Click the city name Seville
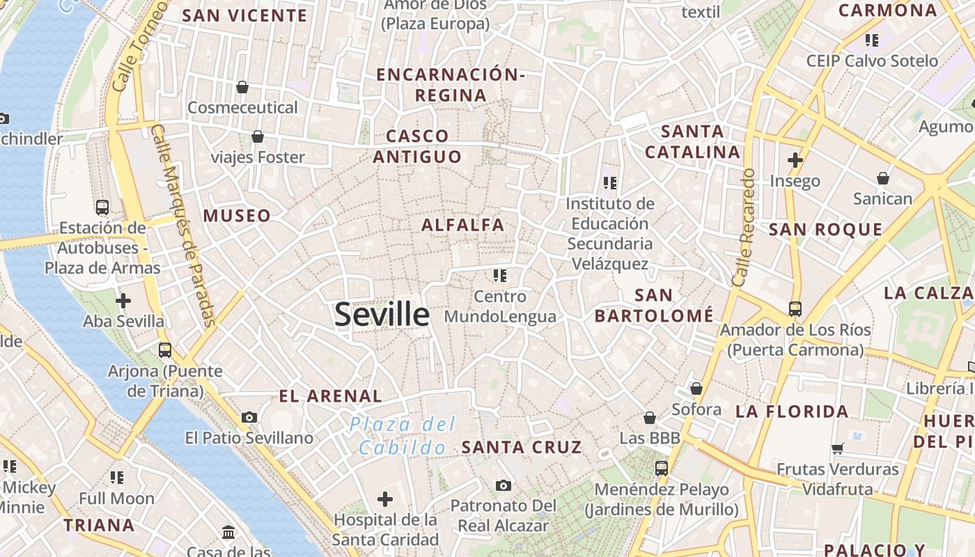point(382,314)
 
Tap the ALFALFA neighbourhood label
point(462,225)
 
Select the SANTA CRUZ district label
point(522,447)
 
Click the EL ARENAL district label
point(330,396)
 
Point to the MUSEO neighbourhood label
point(237,216)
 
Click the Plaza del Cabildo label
point(403,435)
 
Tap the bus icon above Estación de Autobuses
point(102,207)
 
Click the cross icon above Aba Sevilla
point(123,301)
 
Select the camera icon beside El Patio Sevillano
point(249,417)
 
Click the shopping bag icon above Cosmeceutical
point(242,87)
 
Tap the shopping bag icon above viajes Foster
point(258,136)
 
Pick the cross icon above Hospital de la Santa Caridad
point(385,499)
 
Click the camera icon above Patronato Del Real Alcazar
point(503,485)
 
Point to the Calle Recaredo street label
point(743,227)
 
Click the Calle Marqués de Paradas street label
point(182,226)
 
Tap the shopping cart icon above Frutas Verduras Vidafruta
point(837,449)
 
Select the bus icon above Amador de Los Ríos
point(795,308)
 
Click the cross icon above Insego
point(795,160)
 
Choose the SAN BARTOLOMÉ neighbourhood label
point(654,306)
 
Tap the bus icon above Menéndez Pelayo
point(662,469)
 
